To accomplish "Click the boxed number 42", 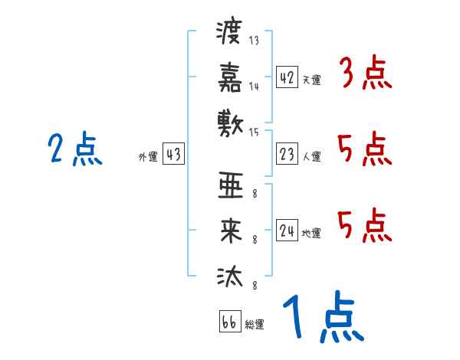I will click(x=287, y=77).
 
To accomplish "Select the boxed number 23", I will click(x=287, y=155).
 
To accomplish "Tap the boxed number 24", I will click(x=287, y=231).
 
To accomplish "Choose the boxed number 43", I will click(x=173, y=155).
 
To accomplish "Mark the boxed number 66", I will click(x=229, y=322).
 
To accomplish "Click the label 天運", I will click(x=311, y=80).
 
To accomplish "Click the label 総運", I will click(x=255, y=325).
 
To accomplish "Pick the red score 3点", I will click(x=365, y=75).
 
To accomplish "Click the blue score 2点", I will click(x=74, y=150).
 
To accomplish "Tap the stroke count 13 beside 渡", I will click(x=255, y=40).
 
